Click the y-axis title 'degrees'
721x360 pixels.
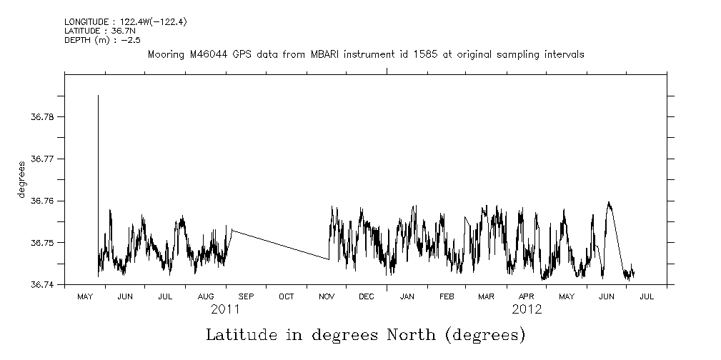pos(22,180)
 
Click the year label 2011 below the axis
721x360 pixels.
pos(225,309)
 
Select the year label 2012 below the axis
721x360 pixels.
pos(527,309)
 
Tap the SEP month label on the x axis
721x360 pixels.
pos(246,296)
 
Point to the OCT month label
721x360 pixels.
pos(286,296)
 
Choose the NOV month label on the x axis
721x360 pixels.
pos(326,296)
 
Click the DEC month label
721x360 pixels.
pos(366,296)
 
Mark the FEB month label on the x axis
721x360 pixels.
pos(447,296)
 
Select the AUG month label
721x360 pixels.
pos(205,296)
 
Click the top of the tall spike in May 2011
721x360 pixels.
pos(98,96)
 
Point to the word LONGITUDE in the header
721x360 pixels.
pos(86,23)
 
